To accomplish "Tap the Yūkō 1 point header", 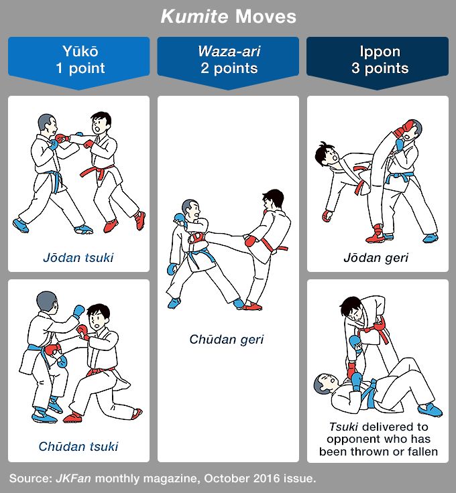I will coord(78,60).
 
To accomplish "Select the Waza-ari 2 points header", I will coord(228,60).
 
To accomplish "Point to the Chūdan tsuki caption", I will coord(78,445).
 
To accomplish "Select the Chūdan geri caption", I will coord(228,339).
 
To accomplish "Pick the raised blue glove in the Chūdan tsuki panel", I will coord(78,310).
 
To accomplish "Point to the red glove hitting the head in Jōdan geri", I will coord(403,128).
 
